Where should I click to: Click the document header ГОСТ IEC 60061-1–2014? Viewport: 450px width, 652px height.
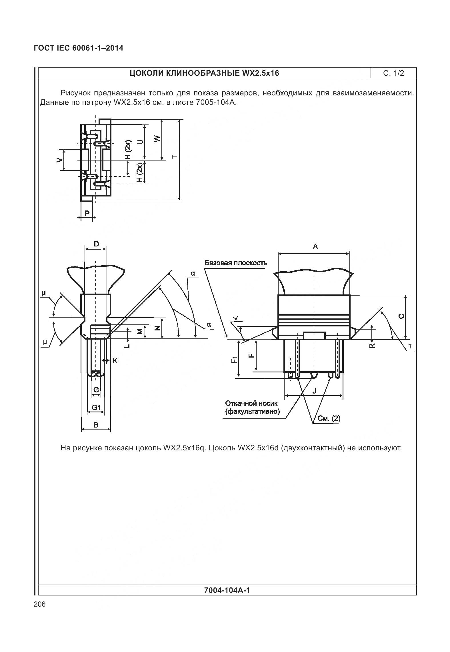79,48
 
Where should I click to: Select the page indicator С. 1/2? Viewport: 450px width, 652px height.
393,73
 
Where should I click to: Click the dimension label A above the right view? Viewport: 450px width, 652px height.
315,246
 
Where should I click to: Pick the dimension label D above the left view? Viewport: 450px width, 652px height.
96,244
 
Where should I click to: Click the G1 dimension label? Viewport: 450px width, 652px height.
96,408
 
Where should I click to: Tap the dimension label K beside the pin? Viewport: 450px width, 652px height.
115,361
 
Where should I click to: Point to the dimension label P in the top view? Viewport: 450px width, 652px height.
87,213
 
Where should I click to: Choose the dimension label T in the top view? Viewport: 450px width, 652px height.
174,157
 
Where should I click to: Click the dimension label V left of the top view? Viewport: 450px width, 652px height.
59,160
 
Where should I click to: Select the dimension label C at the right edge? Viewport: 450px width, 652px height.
401,316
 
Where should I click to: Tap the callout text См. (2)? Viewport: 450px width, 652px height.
329,419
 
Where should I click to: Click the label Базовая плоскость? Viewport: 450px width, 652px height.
236,263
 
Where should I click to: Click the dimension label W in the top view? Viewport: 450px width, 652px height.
157,139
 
